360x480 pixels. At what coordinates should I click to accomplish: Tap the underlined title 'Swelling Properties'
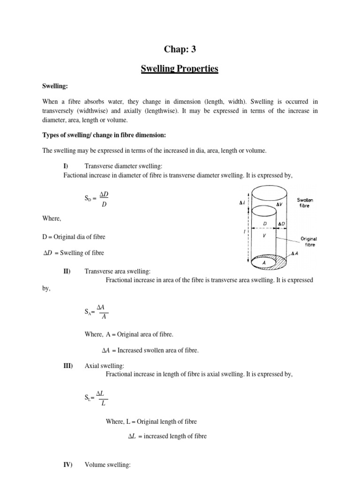coord(180,69)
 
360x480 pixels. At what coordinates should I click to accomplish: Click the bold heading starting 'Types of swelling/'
coord(107,135)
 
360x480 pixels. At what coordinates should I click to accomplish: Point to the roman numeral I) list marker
coord(66,166)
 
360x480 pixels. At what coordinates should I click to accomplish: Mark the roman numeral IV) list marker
coord(67,465)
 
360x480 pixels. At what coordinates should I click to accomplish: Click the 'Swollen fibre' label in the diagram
coord(305,202)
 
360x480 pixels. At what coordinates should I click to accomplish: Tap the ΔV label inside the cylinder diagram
coord(279,204)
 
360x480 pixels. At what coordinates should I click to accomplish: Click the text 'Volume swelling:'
coord(107,465)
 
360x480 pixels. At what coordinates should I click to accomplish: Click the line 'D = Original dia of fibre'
coord(77,237)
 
